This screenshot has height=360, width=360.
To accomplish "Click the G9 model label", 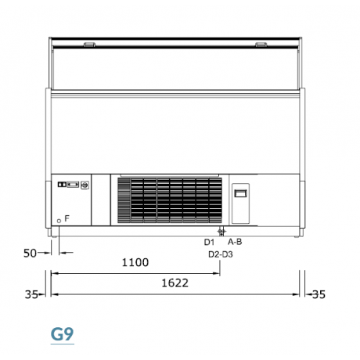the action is [62, 334].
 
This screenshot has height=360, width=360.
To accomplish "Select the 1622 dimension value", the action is [175, 283].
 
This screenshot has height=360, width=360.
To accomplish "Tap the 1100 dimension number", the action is [135, 262].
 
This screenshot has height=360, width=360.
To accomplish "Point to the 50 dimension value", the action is [30, 253].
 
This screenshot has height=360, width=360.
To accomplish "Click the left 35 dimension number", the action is [31, 294].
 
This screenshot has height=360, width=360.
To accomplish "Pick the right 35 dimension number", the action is [319, 294].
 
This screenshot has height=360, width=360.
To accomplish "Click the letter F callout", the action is [67, 218].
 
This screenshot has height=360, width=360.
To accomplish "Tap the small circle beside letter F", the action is [59, 221].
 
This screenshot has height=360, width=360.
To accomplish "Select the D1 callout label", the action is [209, 243].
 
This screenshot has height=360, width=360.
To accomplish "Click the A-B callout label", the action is [235, 242].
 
